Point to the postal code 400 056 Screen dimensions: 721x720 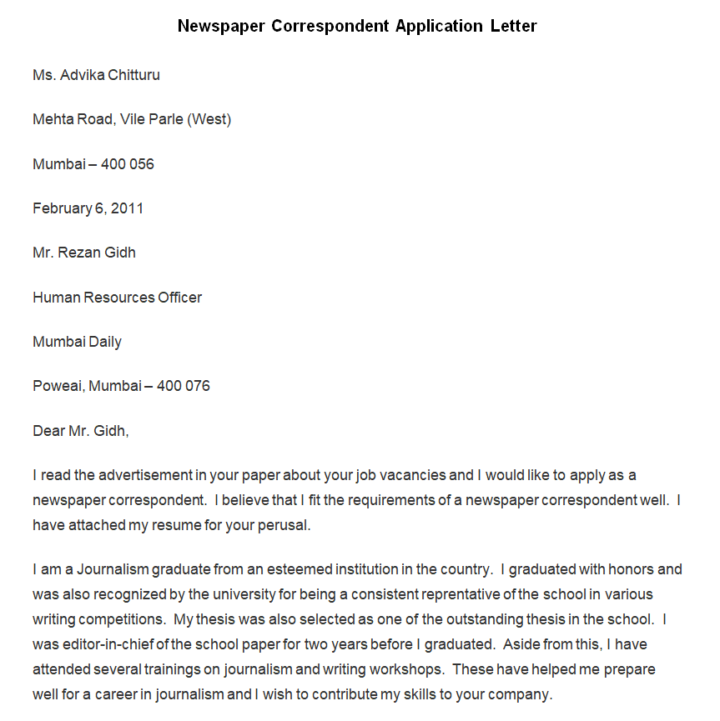tap(128, 164)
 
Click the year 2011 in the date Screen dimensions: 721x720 tap(128, 208)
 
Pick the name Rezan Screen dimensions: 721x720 tap(80, 253)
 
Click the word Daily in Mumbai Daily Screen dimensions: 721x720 tap(104, 342)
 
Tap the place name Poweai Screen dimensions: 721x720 tap(58, 386)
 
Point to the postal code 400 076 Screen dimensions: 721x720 tap(184, 386)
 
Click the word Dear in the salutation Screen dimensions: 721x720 tap(48, 431)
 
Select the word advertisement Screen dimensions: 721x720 tap(145, 476)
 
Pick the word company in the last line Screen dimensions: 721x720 tap(522, 694)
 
